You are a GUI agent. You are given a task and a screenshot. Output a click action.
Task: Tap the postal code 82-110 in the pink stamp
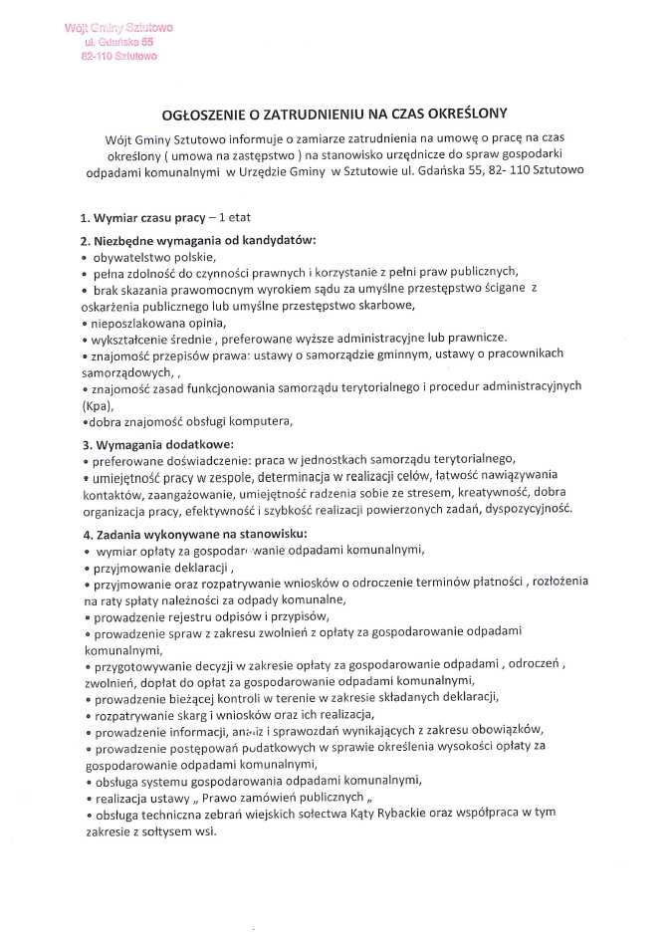[x=97, y=57]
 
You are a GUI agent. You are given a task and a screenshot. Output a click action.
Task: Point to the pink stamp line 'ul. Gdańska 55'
[x=119, y=43]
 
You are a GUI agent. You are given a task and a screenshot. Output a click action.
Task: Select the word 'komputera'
[x=263, y=422]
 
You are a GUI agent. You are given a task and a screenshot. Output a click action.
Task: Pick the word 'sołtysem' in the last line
[x=162, y=830]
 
